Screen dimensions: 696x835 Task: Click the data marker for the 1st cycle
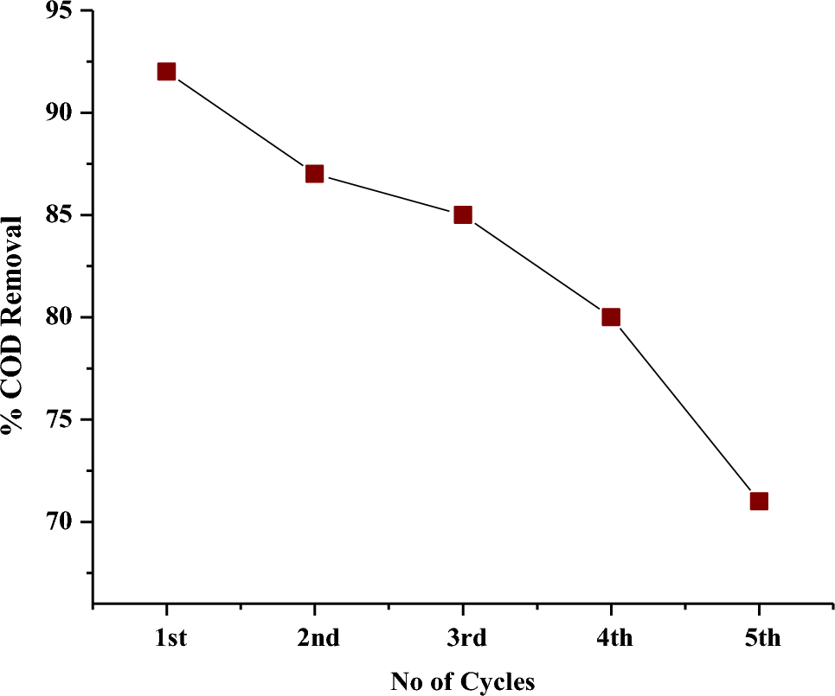click(x=166, y=72)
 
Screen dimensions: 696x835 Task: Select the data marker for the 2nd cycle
click(x=314, y=174)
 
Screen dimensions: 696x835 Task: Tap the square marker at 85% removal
click(x=463, y=214)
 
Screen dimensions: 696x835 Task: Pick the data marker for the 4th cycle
click(x=611, y=317)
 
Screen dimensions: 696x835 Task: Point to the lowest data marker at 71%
click(x=759, y=501)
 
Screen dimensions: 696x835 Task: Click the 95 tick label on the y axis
click(x=58, y=11)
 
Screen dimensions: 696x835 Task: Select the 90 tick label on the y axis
click(x=58, y=113)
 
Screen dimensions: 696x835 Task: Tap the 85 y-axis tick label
click(x=58, y=215)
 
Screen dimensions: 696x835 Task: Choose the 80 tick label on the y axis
click(x=58, y=317)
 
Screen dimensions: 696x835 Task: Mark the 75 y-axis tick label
click(x=58, y=420)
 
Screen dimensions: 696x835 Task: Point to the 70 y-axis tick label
click(x=58, y=522)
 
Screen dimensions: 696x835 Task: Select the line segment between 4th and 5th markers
click(x=685, y=410)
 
